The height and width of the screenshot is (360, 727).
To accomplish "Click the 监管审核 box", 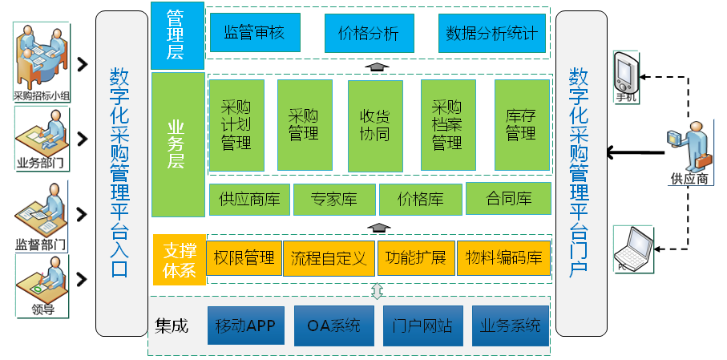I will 254,33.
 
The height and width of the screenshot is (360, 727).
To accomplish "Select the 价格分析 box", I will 368,33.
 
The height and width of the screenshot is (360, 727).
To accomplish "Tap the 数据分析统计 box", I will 491,33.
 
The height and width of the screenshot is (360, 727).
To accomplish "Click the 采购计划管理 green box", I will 236,124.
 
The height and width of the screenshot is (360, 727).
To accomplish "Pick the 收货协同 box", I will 375,124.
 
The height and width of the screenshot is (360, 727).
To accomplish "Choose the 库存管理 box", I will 521,124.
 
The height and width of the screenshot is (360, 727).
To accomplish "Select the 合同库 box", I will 508,199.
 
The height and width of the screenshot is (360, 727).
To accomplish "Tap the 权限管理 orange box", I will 244,258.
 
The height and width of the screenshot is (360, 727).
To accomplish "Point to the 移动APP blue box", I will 245,326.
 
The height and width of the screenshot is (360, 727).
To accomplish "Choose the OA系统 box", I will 333,326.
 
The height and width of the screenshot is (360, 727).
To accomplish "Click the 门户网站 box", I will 422,326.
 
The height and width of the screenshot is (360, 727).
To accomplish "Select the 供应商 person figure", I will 689,148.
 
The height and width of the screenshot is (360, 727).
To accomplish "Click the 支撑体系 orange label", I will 177,259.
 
